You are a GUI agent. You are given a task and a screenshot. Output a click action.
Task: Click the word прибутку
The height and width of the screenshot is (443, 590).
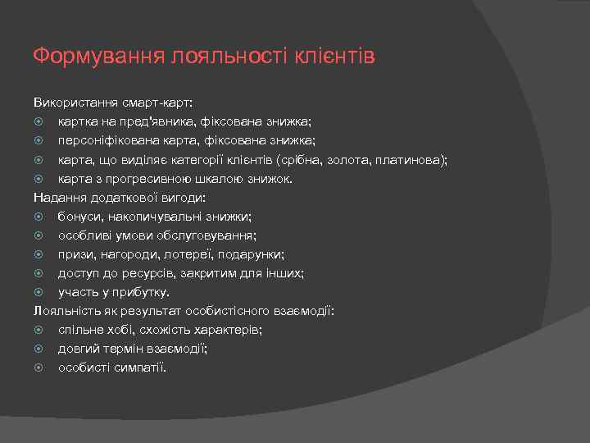[x=140, y=292]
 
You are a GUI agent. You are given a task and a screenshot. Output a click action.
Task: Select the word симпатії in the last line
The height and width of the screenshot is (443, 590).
[x=138, y=367]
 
